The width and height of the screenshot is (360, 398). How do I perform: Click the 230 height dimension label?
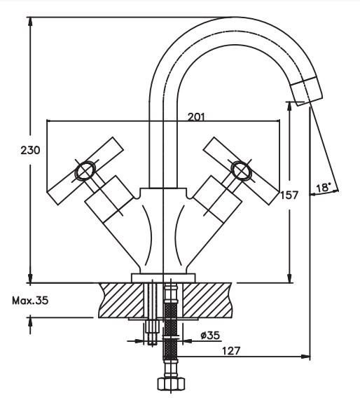30,151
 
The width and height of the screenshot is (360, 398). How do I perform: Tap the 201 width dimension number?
196,117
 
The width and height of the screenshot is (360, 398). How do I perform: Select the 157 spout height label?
289,195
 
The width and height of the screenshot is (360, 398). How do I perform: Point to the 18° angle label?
324,188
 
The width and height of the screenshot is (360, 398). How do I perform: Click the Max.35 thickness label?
30,301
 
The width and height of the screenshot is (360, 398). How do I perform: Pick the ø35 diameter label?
210,336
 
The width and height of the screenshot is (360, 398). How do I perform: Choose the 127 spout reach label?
231,351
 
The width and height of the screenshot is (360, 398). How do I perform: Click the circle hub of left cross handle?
85,171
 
